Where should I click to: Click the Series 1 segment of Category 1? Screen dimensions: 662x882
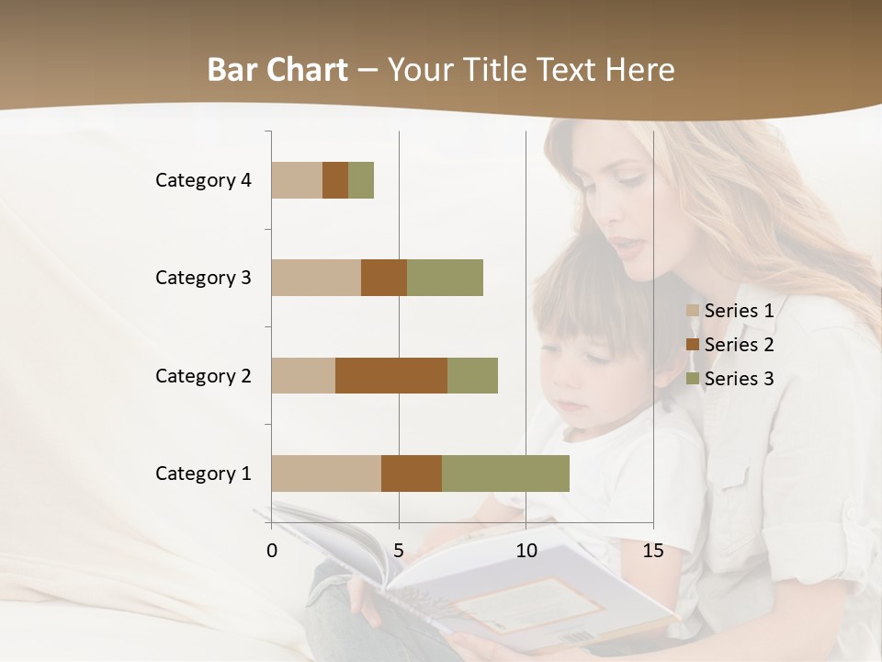tap(326, 474)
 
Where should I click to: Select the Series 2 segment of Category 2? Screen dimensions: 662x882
tap(391, 375)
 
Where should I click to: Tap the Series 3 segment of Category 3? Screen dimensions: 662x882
tap(445, 278)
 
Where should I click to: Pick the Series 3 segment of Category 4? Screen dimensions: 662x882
tap(361, 180)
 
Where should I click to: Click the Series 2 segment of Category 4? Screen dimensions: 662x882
tap(335, 180)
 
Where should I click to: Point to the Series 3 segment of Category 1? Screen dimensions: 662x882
tap(505, 474)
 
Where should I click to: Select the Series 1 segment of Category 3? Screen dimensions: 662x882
tap(316, 278)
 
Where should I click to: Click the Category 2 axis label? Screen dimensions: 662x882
tap(203, 375)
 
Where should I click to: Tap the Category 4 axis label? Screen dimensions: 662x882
tap(203, 180)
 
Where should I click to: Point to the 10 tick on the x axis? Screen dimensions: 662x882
tap(526, 551)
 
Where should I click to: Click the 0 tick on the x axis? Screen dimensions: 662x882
tap(272, 551)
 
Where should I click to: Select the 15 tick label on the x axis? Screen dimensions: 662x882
tap(652, 551)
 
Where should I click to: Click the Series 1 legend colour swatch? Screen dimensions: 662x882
tap(693, 311)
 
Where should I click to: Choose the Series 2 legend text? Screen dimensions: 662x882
tap(739, 345)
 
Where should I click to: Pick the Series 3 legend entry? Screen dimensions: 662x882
tap(730, 379)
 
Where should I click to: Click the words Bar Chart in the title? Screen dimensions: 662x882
tap(277, 70)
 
